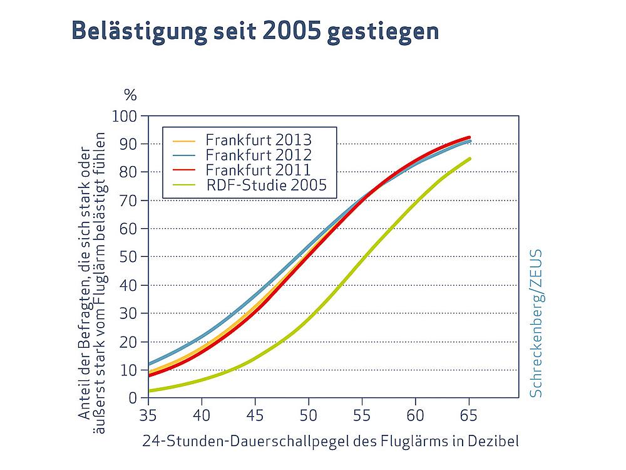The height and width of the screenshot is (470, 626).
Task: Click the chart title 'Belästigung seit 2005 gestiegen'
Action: click(255, 29)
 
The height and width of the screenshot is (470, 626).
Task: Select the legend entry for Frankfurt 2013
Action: click(250, 138)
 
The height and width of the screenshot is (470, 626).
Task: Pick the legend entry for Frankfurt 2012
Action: click(250, 154)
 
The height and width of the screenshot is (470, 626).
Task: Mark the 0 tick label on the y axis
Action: click(133, 398)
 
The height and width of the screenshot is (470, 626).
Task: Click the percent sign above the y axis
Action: click(130, 95)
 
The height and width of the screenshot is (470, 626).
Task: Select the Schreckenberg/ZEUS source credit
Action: click(536, 323)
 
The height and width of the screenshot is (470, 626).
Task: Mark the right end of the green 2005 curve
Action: click(469, 159)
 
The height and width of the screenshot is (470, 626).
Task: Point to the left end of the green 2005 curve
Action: click(149, 391)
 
